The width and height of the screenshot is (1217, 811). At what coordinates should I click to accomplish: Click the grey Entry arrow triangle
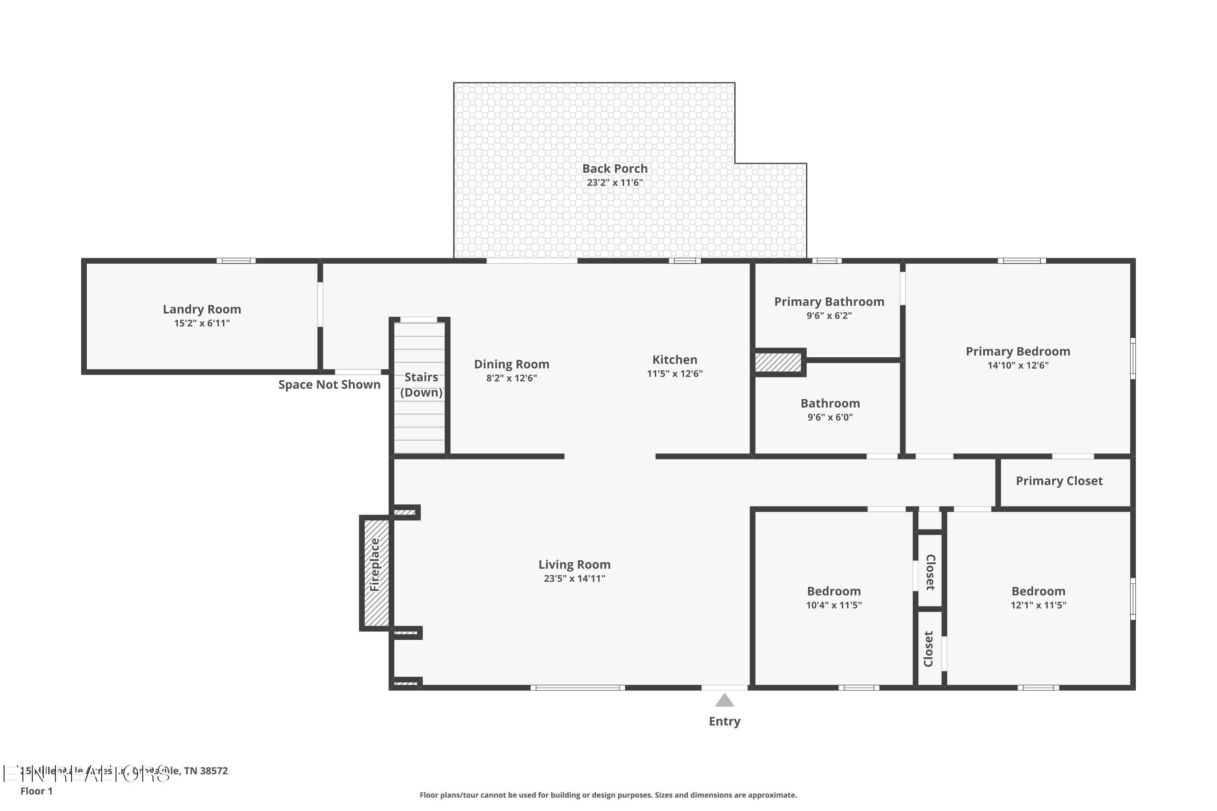[x=725, y=701]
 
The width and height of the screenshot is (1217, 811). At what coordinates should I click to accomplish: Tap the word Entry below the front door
[x=725, y=721]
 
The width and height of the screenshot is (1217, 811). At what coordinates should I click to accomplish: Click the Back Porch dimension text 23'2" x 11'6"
[x=615, y=182]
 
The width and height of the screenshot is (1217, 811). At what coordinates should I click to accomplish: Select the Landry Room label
[x=202, y=309]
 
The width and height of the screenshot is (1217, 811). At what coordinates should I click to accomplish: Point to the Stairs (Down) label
[x=421, y=384]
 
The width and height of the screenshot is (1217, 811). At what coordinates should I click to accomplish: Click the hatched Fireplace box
[x=376, y=573]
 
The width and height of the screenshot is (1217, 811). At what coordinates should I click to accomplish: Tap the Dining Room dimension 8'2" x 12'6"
[x=511, y=378]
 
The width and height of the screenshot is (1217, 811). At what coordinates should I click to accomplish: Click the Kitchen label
[x=674, y=359]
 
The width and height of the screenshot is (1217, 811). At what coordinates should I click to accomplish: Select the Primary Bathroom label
[x=829, y=302]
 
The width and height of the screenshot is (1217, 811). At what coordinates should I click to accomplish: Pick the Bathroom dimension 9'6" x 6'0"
[x=830, y=417]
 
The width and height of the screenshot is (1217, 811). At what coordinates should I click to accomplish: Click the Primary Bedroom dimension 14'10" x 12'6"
[x=1018, y=365]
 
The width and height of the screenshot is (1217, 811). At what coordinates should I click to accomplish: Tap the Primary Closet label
[x=1059, y=481]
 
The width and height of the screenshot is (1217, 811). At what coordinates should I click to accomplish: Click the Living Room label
[x=574, y=564]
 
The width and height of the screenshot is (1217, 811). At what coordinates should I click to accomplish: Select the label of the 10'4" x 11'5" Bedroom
[x=834, y=591]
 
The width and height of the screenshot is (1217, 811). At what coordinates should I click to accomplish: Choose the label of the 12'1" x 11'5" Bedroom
[x=1038, y=591]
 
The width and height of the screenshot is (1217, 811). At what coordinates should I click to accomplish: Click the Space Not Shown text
[x=329, y=385]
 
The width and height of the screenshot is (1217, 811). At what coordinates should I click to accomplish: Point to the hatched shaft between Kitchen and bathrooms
[x=778, y=362]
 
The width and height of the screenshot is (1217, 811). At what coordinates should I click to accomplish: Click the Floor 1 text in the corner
[x=36, y=791]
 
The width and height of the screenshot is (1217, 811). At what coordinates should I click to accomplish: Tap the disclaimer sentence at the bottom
[x=608, y=795]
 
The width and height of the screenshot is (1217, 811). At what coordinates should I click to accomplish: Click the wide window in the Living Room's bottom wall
[x=577, y=688]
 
